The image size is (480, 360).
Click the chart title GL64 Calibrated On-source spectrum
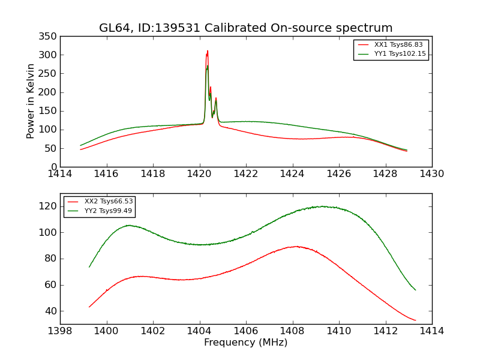[x=245, y=28]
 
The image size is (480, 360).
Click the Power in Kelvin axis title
[x=31, y=101]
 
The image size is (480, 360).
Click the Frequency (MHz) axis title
[x=245, y=343]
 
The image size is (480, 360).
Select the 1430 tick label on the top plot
[x=431, y=174]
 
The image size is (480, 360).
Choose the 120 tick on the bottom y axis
[x=49, y=206]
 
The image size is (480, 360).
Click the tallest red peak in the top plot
[x=208, y=51]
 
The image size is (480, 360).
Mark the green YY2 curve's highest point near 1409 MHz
[x=322, y=206]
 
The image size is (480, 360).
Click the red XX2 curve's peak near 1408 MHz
[x=295, y=246]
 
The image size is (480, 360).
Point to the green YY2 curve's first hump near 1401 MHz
[x=129, y=225]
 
